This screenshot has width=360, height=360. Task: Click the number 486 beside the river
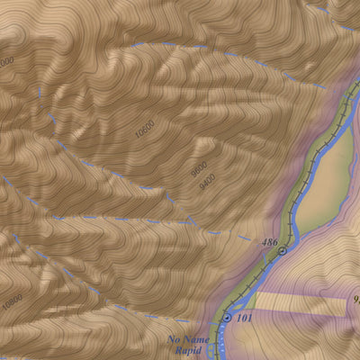tap(268, 243)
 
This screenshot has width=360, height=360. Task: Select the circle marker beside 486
tap(283, 251)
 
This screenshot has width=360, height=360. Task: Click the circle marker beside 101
tap(226, 318)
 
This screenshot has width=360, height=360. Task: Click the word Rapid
tap(185, 351)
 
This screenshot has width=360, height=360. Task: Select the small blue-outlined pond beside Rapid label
tap(211, 348)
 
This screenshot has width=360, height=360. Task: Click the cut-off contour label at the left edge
tap(6, 61)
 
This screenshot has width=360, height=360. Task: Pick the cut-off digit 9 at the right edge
tap(355, 301)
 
